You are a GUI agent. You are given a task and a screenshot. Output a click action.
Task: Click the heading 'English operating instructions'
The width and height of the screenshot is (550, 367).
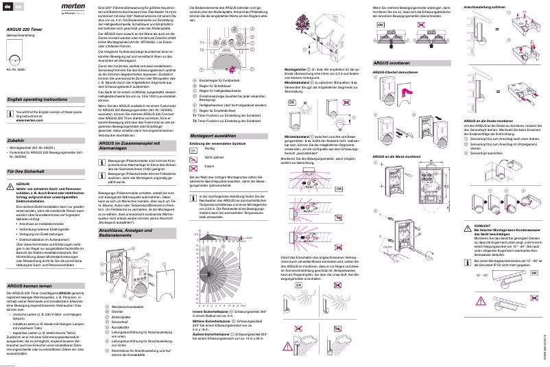tap(37, 99)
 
